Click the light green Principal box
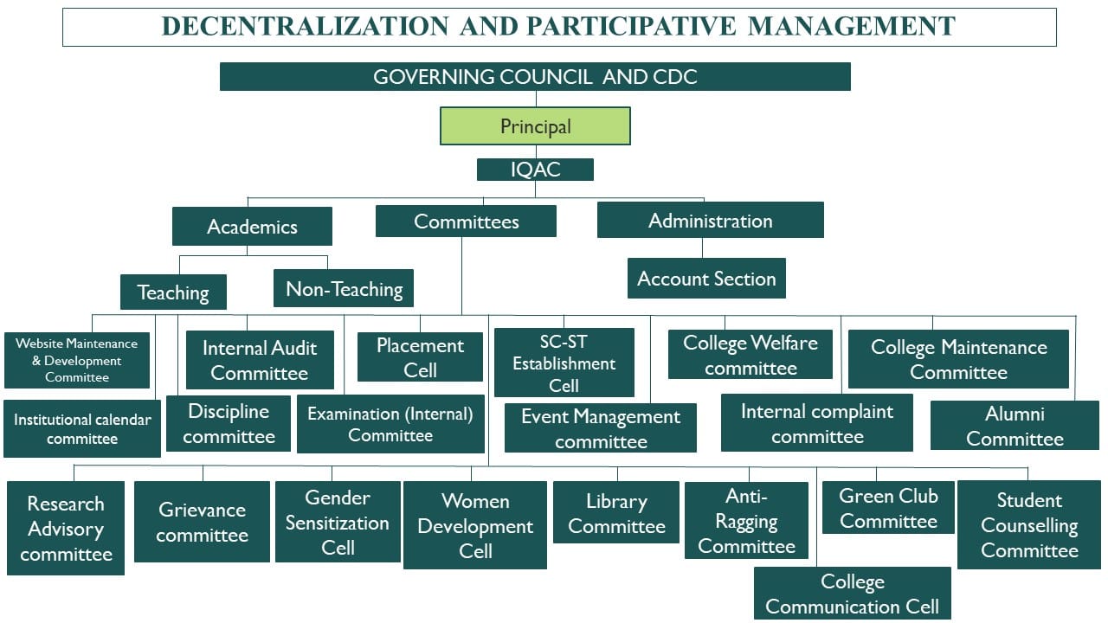[535, 126]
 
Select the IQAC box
[535, 170]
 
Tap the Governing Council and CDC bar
[535, 76]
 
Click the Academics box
[252, 227]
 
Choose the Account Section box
[706, 279]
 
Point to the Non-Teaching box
[344, 289]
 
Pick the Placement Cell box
[420, 357]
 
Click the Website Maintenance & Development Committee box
[77, 360]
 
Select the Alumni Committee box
[1015, 426]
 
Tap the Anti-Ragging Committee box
[746, 521]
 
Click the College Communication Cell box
[852, 594]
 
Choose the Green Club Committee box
[888, 508]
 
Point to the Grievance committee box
[202, 522]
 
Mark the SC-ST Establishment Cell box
[564, 363]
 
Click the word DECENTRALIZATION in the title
[305, 26]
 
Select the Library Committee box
[616, 513]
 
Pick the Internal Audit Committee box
[260, 360]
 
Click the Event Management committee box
[601, 428]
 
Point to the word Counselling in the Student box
[1029, 525]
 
